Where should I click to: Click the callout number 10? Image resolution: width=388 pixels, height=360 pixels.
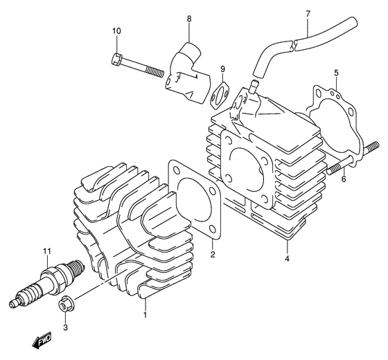tap(116, 31)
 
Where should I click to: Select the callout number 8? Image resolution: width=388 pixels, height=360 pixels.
tap(188, 18)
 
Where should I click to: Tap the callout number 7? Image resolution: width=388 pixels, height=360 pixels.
tap(307, 13)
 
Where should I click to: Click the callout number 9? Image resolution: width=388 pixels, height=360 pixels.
tap(223, 69)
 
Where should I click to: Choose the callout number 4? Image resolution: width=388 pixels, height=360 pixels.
tap(286, 260)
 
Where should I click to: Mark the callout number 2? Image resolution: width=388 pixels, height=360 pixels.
tap(213, 254)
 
